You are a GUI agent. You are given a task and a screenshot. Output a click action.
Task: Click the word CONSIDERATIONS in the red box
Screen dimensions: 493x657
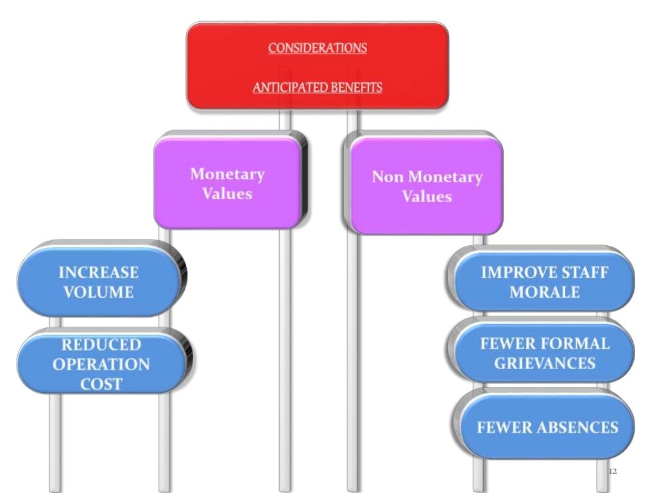[318, 48]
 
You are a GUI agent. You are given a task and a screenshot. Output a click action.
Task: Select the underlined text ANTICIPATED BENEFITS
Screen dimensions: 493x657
[318, 87]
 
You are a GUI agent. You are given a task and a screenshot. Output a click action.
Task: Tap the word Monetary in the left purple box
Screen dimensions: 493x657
[227, 174]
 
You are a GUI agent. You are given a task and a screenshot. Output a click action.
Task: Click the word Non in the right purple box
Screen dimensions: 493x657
[387, 177]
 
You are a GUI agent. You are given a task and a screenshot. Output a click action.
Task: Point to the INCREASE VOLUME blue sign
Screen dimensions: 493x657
[98, 282]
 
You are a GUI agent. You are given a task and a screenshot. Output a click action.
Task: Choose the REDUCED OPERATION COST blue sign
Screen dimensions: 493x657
[101, 364]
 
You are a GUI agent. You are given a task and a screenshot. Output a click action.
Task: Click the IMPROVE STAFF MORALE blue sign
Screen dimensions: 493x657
[544, 282]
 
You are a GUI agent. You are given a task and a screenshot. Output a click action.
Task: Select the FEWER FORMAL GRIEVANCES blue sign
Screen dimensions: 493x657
[544, 353]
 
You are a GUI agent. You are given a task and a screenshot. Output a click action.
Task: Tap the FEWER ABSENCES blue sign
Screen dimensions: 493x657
[547, 428]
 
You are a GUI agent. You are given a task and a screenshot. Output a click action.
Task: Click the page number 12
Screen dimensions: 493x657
[611, 472]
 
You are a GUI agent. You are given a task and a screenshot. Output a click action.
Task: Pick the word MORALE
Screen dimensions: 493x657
[544, 292]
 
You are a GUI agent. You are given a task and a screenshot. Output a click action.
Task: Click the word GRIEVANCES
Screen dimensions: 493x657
[544, 363]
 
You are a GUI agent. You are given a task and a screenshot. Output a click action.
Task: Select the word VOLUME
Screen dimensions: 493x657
[98, 292]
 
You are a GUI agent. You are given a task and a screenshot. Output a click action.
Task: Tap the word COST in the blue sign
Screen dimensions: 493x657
[101, 384]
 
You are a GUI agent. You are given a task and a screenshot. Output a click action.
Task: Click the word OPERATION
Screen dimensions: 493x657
[101, 364]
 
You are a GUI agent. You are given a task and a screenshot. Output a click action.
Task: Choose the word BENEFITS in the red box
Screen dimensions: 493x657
[355, 87]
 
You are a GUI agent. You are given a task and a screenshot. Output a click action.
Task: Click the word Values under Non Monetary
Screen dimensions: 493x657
[427, 196]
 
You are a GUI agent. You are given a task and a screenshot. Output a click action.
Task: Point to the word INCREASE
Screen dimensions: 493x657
[98, 272]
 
